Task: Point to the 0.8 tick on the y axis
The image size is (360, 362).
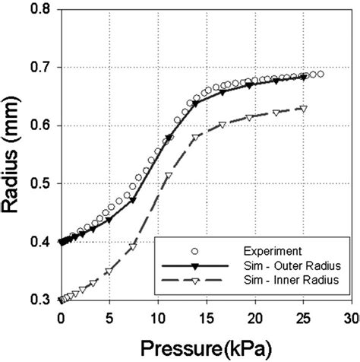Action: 40,10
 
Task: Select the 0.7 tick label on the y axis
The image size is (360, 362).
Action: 40,68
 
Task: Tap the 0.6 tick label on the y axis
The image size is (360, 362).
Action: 40,126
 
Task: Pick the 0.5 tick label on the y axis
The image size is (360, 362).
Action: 40,184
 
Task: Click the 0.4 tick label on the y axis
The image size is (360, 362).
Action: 40,243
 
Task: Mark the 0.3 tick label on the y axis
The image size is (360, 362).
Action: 40,300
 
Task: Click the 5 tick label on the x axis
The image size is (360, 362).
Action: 109,316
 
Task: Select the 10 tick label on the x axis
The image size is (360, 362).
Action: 157,316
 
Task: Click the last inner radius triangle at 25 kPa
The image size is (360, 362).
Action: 303,109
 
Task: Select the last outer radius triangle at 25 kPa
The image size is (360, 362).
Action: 303,78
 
